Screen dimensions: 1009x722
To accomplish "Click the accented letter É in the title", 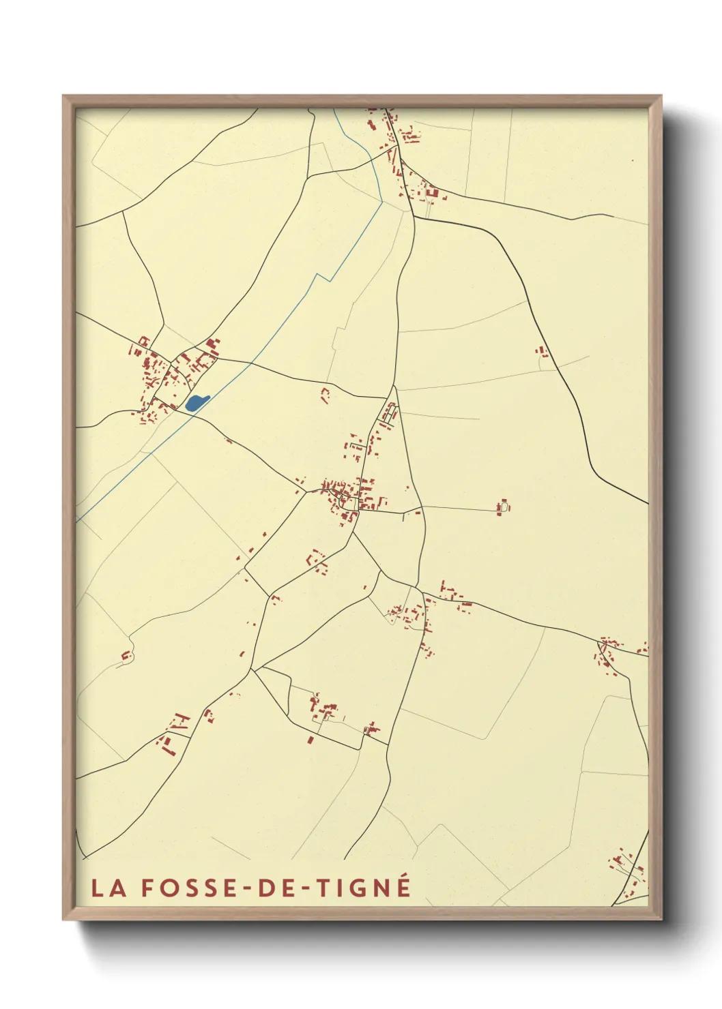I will tap(403, 886).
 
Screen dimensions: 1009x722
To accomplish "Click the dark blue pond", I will tap(195, 403).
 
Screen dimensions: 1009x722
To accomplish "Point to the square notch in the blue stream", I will tap(323, 277).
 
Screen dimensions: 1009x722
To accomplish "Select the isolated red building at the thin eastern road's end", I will tap(504, 507).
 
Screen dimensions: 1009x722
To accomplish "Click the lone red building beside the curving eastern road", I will tap(543, 352).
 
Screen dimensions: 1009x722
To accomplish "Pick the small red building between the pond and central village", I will tap(325, 393).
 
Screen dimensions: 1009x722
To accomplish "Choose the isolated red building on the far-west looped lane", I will tap(126, 656).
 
